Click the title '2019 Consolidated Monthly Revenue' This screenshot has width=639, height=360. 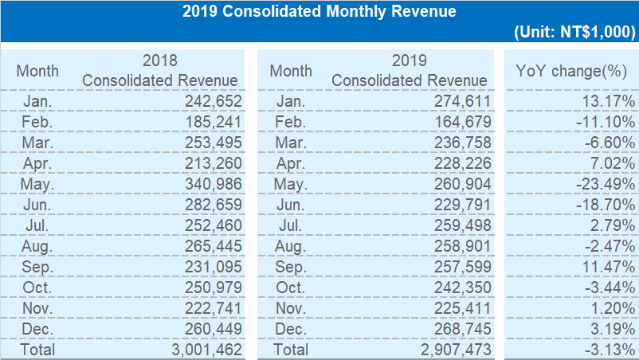tap(319, 11)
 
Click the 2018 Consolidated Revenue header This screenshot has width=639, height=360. tap(160, 70)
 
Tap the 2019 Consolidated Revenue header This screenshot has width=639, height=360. tap(410, 70)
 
